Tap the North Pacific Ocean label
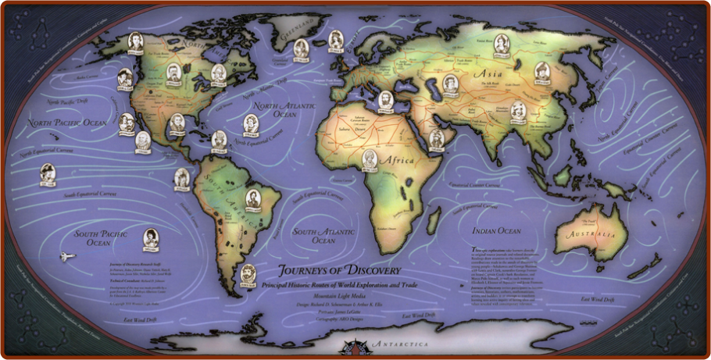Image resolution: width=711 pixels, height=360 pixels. tap(67, 123)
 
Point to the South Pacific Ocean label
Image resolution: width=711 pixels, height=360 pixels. tap(102, 238)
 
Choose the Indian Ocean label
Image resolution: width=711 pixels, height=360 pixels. tap(496, 231)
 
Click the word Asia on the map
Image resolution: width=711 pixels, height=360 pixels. tap(488, 73)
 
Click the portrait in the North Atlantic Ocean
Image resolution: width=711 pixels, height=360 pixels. tap(251, 123)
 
